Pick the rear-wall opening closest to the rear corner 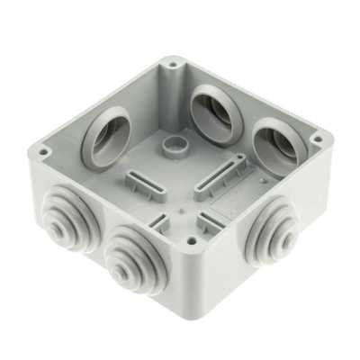209,106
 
